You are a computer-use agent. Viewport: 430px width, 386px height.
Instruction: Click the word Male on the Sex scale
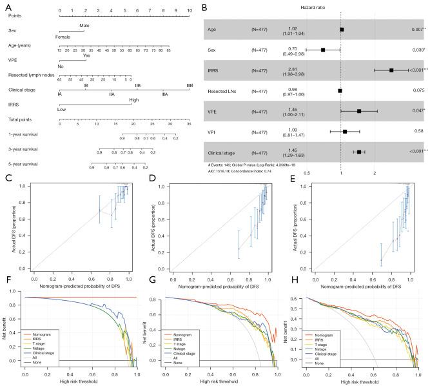[x=84, y=26]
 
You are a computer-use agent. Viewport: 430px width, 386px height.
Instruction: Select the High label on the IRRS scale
[x=133, y=99]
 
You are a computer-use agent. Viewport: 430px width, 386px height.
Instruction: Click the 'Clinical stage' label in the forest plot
[x=222, y=152]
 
